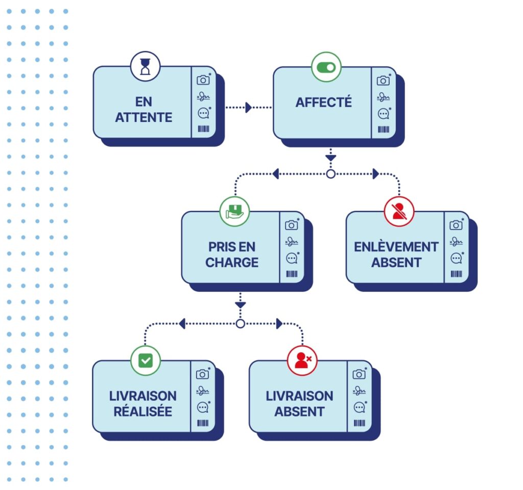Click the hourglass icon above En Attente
coord(146,66)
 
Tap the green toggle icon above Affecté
coord(326,67)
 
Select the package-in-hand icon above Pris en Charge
coord(234,211)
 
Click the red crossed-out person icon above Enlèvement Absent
coord(399,211)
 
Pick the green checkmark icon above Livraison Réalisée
coord(146,361)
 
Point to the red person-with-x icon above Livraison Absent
coord(302,361)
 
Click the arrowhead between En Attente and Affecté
coord(249,108)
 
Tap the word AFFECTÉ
coord(324,102)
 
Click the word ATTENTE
coord(144,117)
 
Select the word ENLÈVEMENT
coord(396,247)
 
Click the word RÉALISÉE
coord(143,411)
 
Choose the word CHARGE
coord(232,262)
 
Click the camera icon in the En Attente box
coord(203,80)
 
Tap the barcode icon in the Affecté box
coord(384,130)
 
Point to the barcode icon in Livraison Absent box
coord(360,423)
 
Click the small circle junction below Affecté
coord(330,174)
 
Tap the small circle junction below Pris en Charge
coord(240,324)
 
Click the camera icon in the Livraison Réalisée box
coord(202,374)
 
